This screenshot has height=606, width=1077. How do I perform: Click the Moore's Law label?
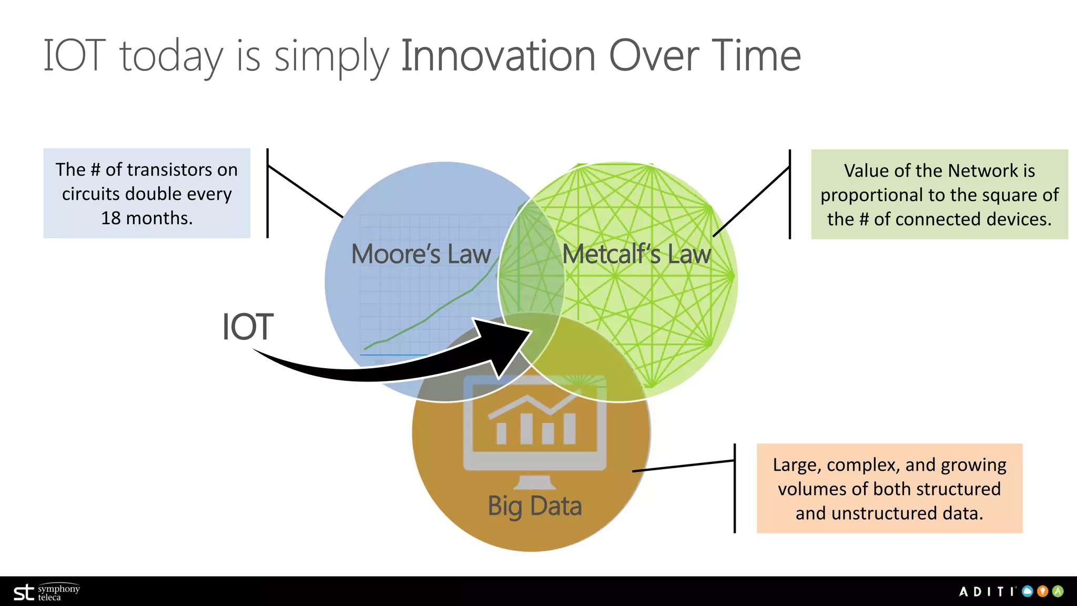click(421, 255)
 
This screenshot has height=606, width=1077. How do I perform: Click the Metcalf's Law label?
click(636, 255)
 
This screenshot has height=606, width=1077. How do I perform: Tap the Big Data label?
click(534, 506)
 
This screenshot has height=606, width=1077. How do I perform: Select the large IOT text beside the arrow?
click(247, 327)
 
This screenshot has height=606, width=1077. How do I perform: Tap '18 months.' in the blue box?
click(147, 218)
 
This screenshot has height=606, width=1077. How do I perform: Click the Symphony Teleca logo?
click(46, 592)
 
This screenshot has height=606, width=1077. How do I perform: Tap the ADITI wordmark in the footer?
click(987, 592)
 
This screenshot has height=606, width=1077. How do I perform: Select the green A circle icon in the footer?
click(1058, 591)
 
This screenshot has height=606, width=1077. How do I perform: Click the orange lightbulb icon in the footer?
click(1043, 591)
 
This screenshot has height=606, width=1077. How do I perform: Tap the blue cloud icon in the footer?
click(1028, 591)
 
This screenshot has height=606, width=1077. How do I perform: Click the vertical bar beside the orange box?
click(735, 488)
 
